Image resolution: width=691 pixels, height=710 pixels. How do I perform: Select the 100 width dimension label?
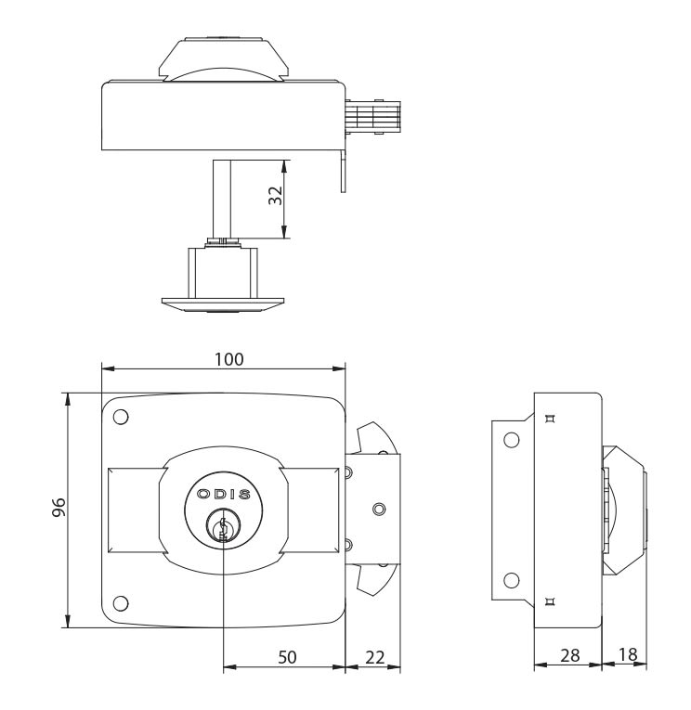pyautogui.click(x=224, y=358)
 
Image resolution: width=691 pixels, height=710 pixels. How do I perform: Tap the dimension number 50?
pyautogui.click(x=288, y=657)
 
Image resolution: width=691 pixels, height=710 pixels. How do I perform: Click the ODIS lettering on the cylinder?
pyautogui.click(x=224, y=495)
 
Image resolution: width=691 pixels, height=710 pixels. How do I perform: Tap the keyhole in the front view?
pyautogui.click(x=224, y=529)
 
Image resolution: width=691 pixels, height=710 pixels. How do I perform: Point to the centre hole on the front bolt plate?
pyautogui.click(x=377, y=509)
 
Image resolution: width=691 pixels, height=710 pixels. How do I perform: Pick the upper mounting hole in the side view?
pyautogui.click(x=510, y=440)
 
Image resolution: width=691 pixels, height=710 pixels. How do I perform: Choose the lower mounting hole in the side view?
pyautogui.click(x=510, y=580)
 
